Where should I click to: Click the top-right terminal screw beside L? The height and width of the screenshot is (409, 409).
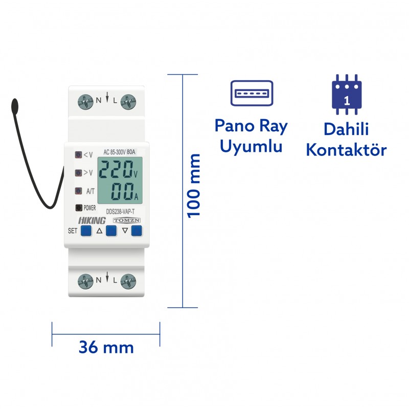(129, 101)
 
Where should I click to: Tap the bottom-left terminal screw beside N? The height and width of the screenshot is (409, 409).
(85, 280)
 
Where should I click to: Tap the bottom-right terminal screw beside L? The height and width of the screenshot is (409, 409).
(129, 280)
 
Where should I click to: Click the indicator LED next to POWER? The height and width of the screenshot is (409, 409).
(78, 208)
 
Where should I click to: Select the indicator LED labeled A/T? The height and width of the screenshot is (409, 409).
(78, 191)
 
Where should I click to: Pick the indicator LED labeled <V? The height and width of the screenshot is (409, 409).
(78, 154)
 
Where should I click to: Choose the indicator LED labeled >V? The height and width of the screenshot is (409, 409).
(78, 173)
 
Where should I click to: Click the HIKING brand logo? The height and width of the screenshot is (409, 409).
(92, 220)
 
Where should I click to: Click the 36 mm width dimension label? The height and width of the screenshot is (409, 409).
(106, 348)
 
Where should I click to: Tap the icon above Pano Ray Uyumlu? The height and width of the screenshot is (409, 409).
(252, 93)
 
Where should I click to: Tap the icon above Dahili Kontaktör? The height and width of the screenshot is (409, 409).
(347, 96)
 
